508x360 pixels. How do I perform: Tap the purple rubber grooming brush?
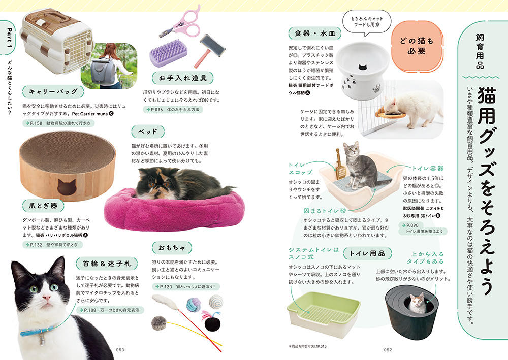pos(168,53)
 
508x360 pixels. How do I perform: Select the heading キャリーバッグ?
pos(53,91)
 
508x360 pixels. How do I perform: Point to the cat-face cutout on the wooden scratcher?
pos(67,187)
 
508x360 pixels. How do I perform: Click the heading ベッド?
pos(148,132)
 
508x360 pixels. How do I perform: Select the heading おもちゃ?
pos(172,248)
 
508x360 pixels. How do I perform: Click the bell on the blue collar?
pos(42,339)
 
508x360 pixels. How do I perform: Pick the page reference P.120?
pos(166,287)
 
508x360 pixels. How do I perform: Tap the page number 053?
pos(120,350)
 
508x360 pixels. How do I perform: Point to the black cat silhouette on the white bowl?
pos(364,68)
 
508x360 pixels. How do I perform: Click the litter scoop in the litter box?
pos(340,165)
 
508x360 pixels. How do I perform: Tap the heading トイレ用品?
pos(367,253)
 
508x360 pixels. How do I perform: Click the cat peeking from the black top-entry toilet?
pos(417,303)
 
